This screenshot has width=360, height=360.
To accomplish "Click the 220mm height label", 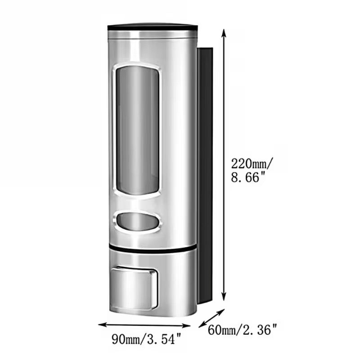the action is coord(252,164).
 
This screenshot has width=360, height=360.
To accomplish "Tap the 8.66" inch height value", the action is coord(248,177).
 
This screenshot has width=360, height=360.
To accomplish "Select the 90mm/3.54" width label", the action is coord(147,339).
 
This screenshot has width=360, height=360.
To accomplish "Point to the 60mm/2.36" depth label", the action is coord(243,330).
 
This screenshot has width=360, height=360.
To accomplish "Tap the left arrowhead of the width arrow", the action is coord(103,324).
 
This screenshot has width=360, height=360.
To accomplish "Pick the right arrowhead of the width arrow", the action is coord(186,325).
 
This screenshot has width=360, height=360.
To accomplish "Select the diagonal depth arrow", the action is coord(211,318).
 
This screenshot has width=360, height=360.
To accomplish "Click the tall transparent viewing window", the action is coord(137,130).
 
